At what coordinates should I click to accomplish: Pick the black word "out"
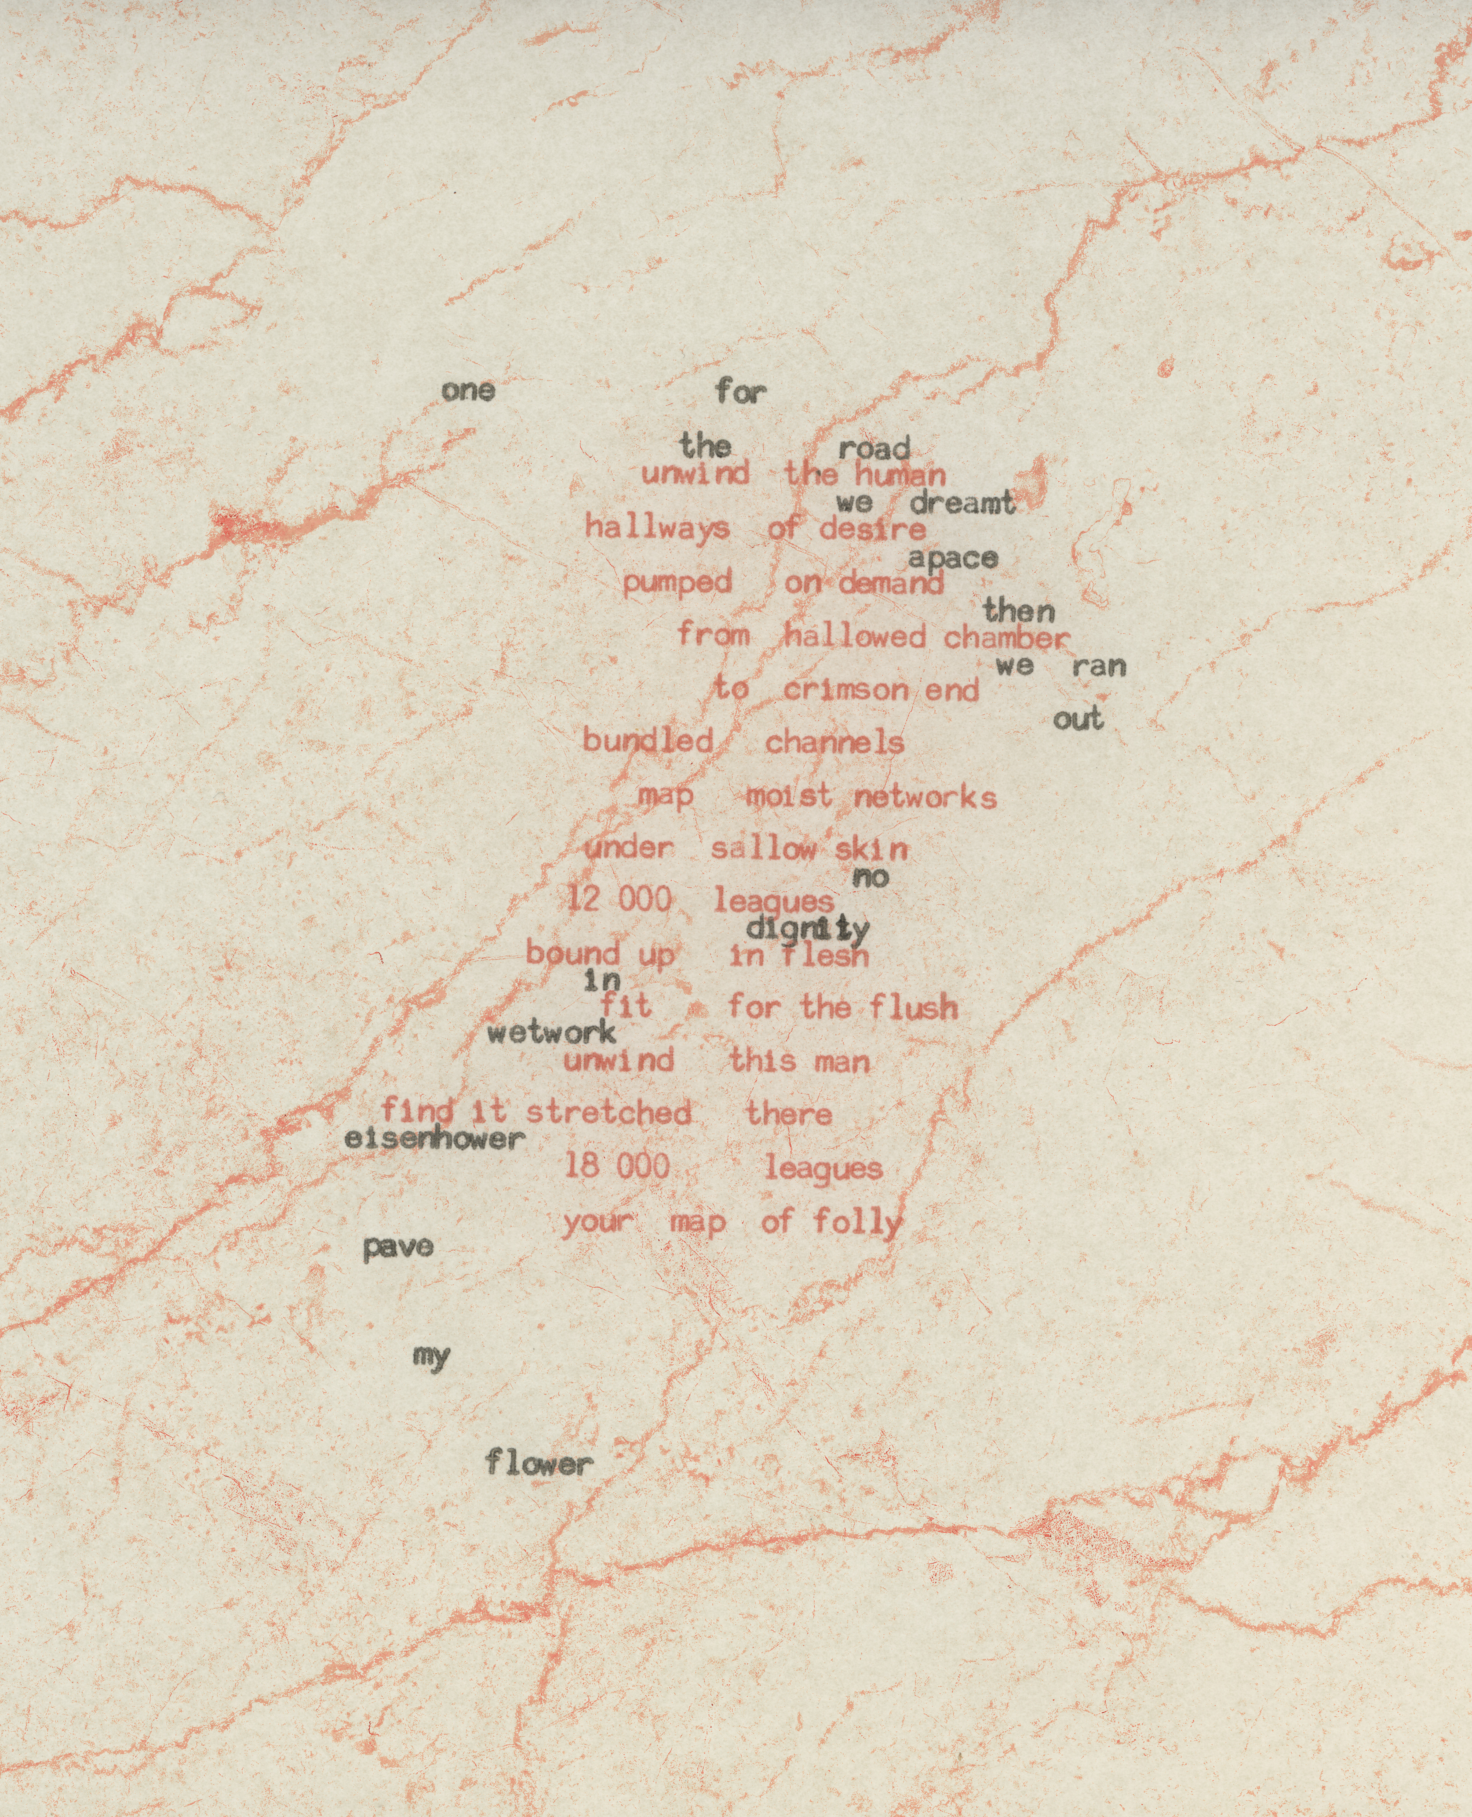pos(1078,720)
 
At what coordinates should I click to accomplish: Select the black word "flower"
pos(538,1463)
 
